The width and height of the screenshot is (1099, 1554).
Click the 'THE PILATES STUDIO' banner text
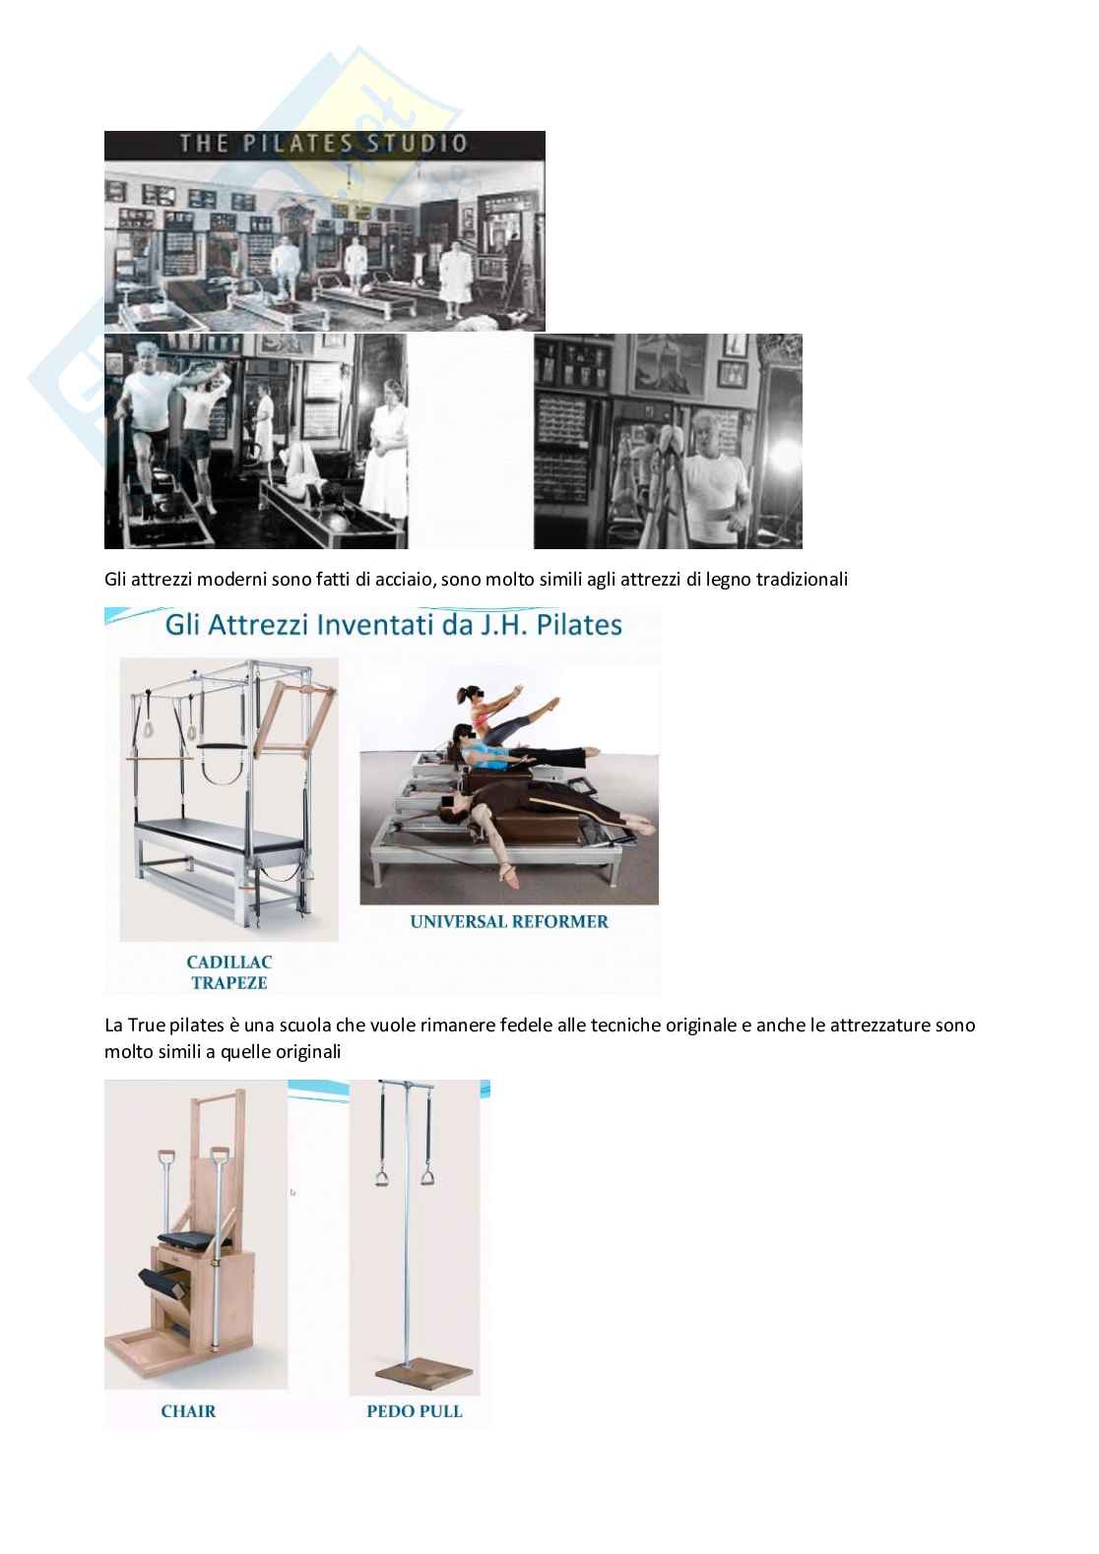pyautogui.click(x=324, y=144)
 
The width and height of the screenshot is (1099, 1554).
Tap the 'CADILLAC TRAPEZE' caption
pyautogui.click(x=229, y=972)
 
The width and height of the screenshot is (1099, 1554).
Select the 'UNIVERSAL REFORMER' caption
pyautogui.click(x=509, y=921)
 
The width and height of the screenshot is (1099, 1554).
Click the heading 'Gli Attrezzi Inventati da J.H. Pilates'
pyautogui.click(x=393, y=625)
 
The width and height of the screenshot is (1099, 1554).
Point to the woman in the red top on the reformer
pyautogui.click(x=501, y=715)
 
